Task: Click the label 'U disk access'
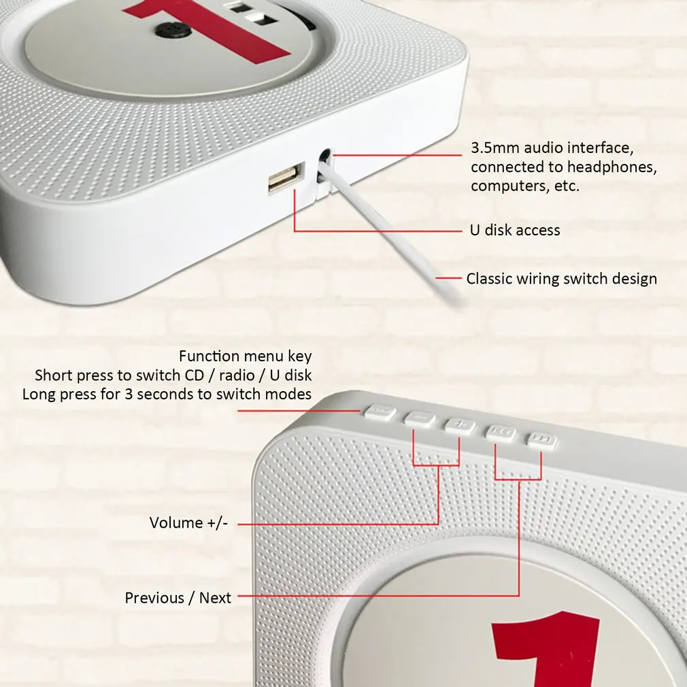tap(515, 230)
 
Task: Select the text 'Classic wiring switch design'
tap(561, 278)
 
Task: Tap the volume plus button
tap(460, 426)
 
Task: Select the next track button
tap(542, 440)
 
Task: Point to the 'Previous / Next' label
tap(178, 598)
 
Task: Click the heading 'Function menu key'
tap(245, 356)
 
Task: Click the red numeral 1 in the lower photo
tap(544, 646)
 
